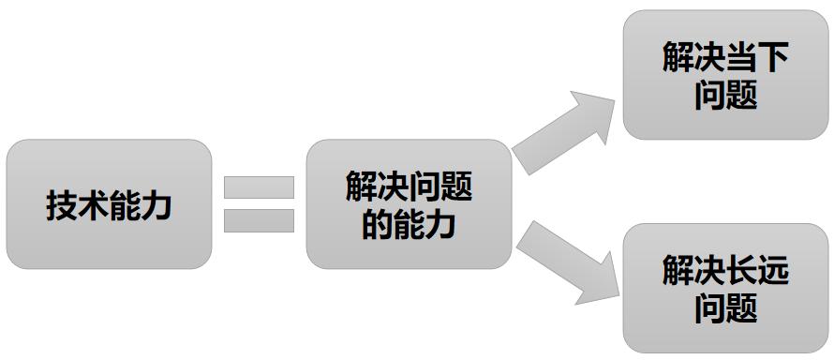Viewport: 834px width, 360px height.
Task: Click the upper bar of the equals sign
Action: point(259,187)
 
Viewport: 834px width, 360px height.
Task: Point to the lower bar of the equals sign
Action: point(259,220)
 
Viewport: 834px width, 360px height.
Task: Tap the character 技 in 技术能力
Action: point(62,204)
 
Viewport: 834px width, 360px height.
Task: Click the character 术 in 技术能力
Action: point(94,204)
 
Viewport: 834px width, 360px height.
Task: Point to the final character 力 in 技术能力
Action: point(156,204)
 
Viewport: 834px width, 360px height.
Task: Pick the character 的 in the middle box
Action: point(377,223)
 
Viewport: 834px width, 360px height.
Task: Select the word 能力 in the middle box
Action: point(424,223)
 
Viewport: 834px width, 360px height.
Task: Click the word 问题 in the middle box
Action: point(440,187)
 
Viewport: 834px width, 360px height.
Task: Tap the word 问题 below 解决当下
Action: point(726,95)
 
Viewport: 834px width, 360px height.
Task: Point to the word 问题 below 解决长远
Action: point(726,307)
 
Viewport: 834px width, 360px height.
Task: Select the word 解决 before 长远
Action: point(693,273)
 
